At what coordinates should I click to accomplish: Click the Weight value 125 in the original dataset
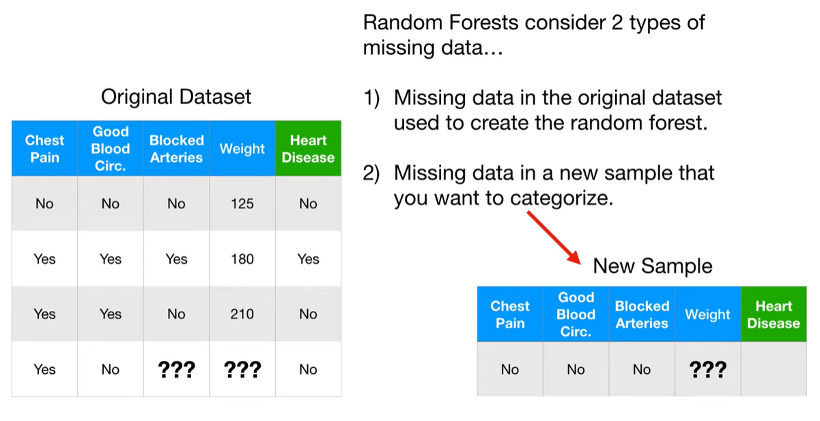click(242, 204)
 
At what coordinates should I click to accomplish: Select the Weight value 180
click(242, 259)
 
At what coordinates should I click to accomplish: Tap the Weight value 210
click(242, 314)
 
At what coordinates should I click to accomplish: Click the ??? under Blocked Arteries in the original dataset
click(176, 369)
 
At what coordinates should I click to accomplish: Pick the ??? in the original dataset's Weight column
click(242, 369)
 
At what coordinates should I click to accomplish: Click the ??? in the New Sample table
click(708, 369)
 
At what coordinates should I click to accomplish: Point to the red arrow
click(554, 237)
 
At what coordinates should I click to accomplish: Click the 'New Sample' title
click(653, 266)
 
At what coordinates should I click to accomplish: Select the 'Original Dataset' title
click(176, 97)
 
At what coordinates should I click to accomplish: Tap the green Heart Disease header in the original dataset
click(308, 148)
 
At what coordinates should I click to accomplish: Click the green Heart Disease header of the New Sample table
click(774, 314)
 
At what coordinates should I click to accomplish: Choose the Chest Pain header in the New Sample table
click(510, 314)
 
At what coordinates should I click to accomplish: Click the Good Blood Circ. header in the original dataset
click(111, 148)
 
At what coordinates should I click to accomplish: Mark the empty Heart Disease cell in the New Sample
click(774, 369)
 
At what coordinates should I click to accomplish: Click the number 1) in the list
click(371, 98)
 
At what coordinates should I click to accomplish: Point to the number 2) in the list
click(371, 174)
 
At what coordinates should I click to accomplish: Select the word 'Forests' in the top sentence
click(483, 23)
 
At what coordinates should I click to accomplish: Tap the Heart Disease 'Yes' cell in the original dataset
click(308, 259)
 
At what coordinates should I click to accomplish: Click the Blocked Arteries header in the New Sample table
click(642, 314)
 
